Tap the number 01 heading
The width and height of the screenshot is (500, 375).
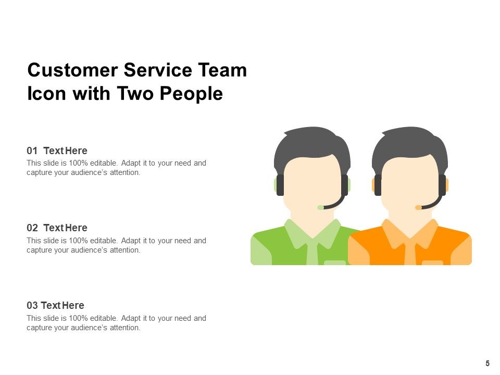point(32,151)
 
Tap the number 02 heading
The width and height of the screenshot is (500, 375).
point(32,228)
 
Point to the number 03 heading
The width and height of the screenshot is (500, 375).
point(32,305)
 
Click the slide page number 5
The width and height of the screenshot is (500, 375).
point(488,364)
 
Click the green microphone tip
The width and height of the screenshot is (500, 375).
point(320,207)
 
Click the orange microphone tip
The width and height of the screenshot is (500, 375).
point(418,207)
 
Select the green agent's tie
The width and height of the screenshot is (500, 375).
point(312,253)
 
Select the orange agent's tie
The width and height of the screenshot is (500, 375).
point(410,253)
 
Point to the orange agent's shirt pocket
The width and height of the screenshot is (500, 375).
point(432,262)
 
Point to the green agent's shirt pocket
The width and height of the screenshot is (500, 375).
point(334,262)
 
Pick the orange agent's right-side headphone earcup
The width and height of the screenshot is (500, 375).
point(442,185)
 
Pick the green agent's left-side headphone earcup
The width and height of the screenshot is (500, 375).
point(280,185)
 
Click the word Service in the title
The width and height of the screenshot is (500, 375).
point(155,70)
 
